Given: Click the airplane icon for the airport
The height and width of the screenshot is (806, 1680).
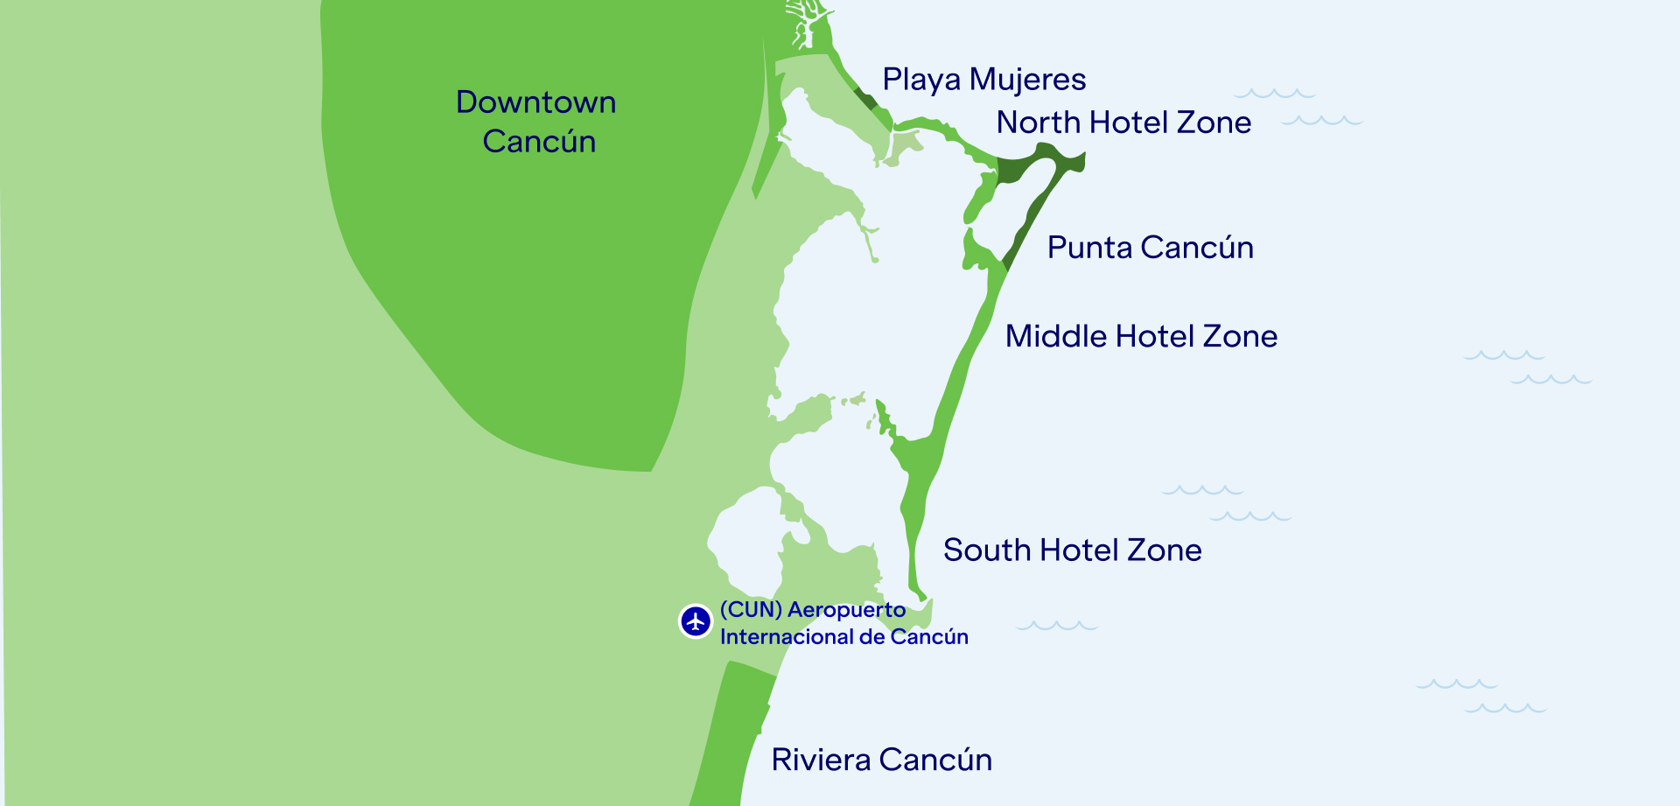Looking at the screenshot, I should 696,621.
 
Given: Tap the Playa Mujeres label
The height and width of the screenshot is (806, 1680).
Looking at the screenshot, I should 983,80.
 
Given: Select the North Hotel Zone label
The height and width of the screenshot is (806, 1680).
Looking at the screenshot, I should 1123,123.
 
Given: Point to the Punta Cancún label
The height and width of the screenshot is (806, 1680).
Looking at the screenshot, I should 1150,248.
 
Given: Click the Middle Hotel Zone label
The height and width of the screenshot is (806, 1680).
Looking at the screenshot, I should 1141,336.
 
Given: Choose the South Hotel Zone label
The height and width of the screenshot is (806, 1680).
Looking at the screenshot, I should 1072,550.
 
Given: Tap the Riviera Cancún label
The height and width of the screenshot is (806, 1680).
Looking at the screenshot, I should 881,760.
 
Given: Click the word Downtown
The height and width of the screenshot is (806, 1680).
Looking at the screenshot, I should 535,102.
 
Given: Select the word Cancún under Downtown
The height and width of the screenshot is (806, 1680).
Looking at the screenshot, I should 539,142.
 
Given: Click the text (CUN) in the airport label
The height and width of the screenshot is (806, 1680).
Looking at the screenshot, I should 751,610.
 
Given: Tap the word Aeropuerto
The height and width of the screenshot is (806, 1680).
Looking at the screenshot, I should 846,610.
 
